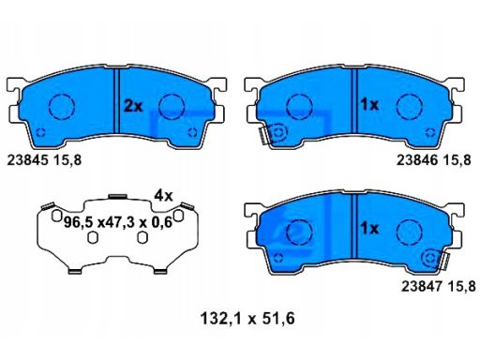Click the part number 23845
pos(28,160)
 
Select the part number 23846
pos(417,160)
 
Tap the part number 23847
pos(422,286)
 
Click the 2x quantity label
pos(133,106)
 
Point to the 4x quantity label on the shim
pos(164,196)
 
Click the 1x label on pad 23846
pos(369,104)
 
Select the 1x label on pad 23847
pos(369,229)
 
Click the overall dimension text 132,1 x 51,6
pos(247,319)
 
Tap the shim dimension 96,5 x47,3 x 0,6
pos(118,222)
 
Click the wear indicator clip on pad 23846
pos(265,135)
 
